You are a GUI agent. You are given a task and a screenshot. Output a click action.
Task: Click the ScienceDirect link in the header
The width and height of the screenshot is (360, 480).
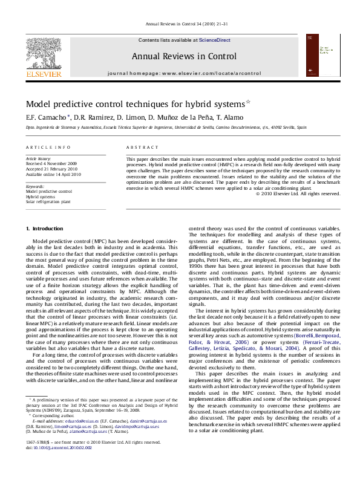pos(210,40)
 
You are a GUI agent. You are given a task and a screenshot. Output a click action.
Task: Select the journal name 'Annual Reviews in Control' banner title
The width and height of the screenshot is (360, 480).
pos(180,57)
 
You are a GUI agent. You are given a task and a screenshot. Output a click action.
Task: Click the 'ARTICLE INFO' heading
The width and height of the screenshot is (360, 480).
pos(44,148)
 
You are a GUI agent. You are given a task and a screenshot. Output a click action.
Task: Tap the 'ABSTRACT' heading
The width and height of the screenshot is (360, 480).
pos(138,148)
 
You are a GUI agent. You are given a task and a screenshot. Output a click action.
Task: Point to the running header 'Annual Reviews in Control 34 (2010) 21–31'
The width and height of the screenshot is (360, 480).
pos(180,24)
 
